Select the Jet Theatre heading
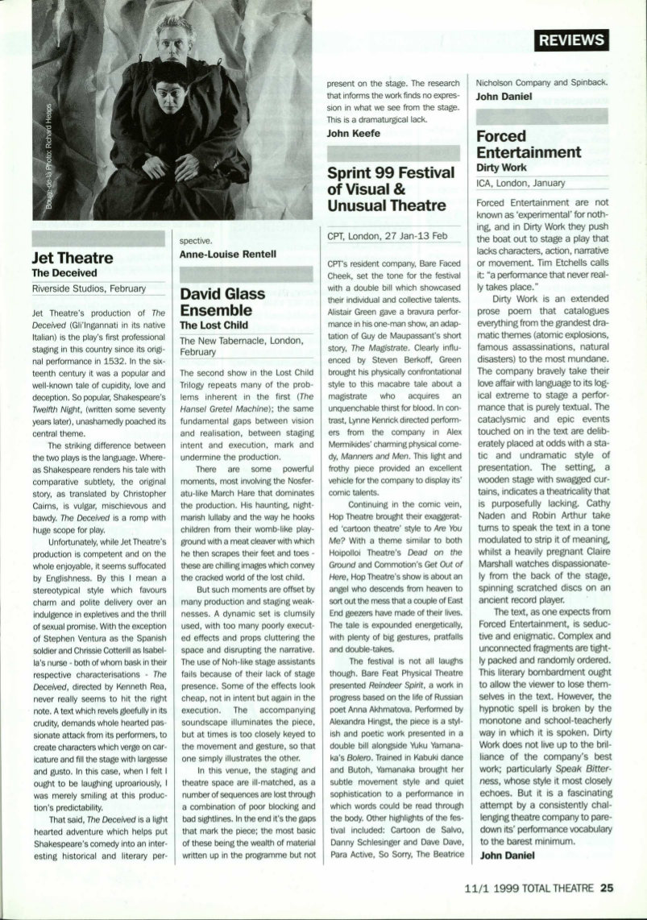72,258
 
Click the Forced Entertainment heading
528,144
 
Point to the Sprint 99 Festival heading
386,189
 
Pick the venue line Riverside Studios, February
89,288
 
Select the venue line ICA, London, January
521,183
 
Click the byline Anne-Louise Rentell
228,255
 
